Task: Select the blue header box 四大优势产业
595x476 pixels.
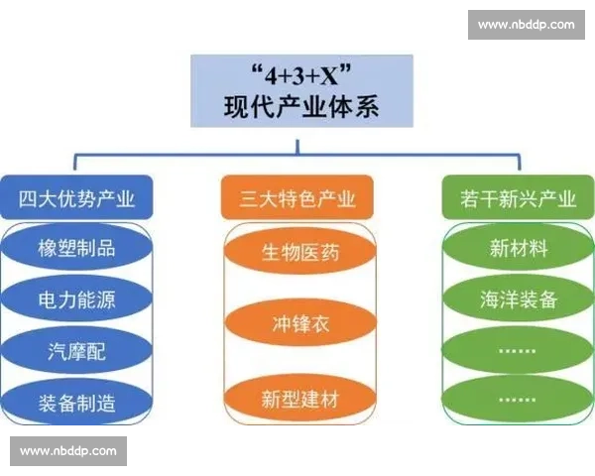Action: point(76,199)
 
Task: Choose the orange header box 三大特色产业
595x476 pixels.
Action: point(298,199)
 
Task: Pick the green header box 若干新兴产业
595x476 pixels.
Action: point(520,199)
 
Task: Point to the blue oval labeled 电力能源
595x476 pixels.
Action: point(76,298)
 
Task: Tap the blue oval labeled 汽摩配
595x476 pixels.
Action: point(76,350)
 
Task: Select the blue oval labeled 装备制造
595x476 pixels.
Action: point(76,402)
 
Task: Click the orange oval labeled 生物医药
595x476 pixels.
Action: point(298,253)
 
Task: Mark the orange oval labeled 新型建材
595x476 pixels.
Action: point(298,400)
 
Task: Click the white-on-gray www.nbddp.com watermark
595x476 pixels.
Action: point(526,25)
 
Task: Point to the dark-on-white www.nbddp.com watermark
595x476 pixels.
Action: point(67,451)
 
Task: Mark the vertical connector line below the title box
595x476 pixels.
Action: point(297,140)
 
